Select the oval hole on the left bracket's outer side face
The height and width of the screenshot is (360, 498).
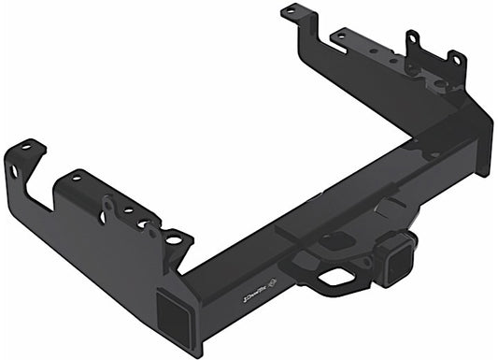pos(15,173)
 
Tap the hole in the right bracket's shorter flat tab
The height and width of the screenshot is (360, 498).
pos(341,37)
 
